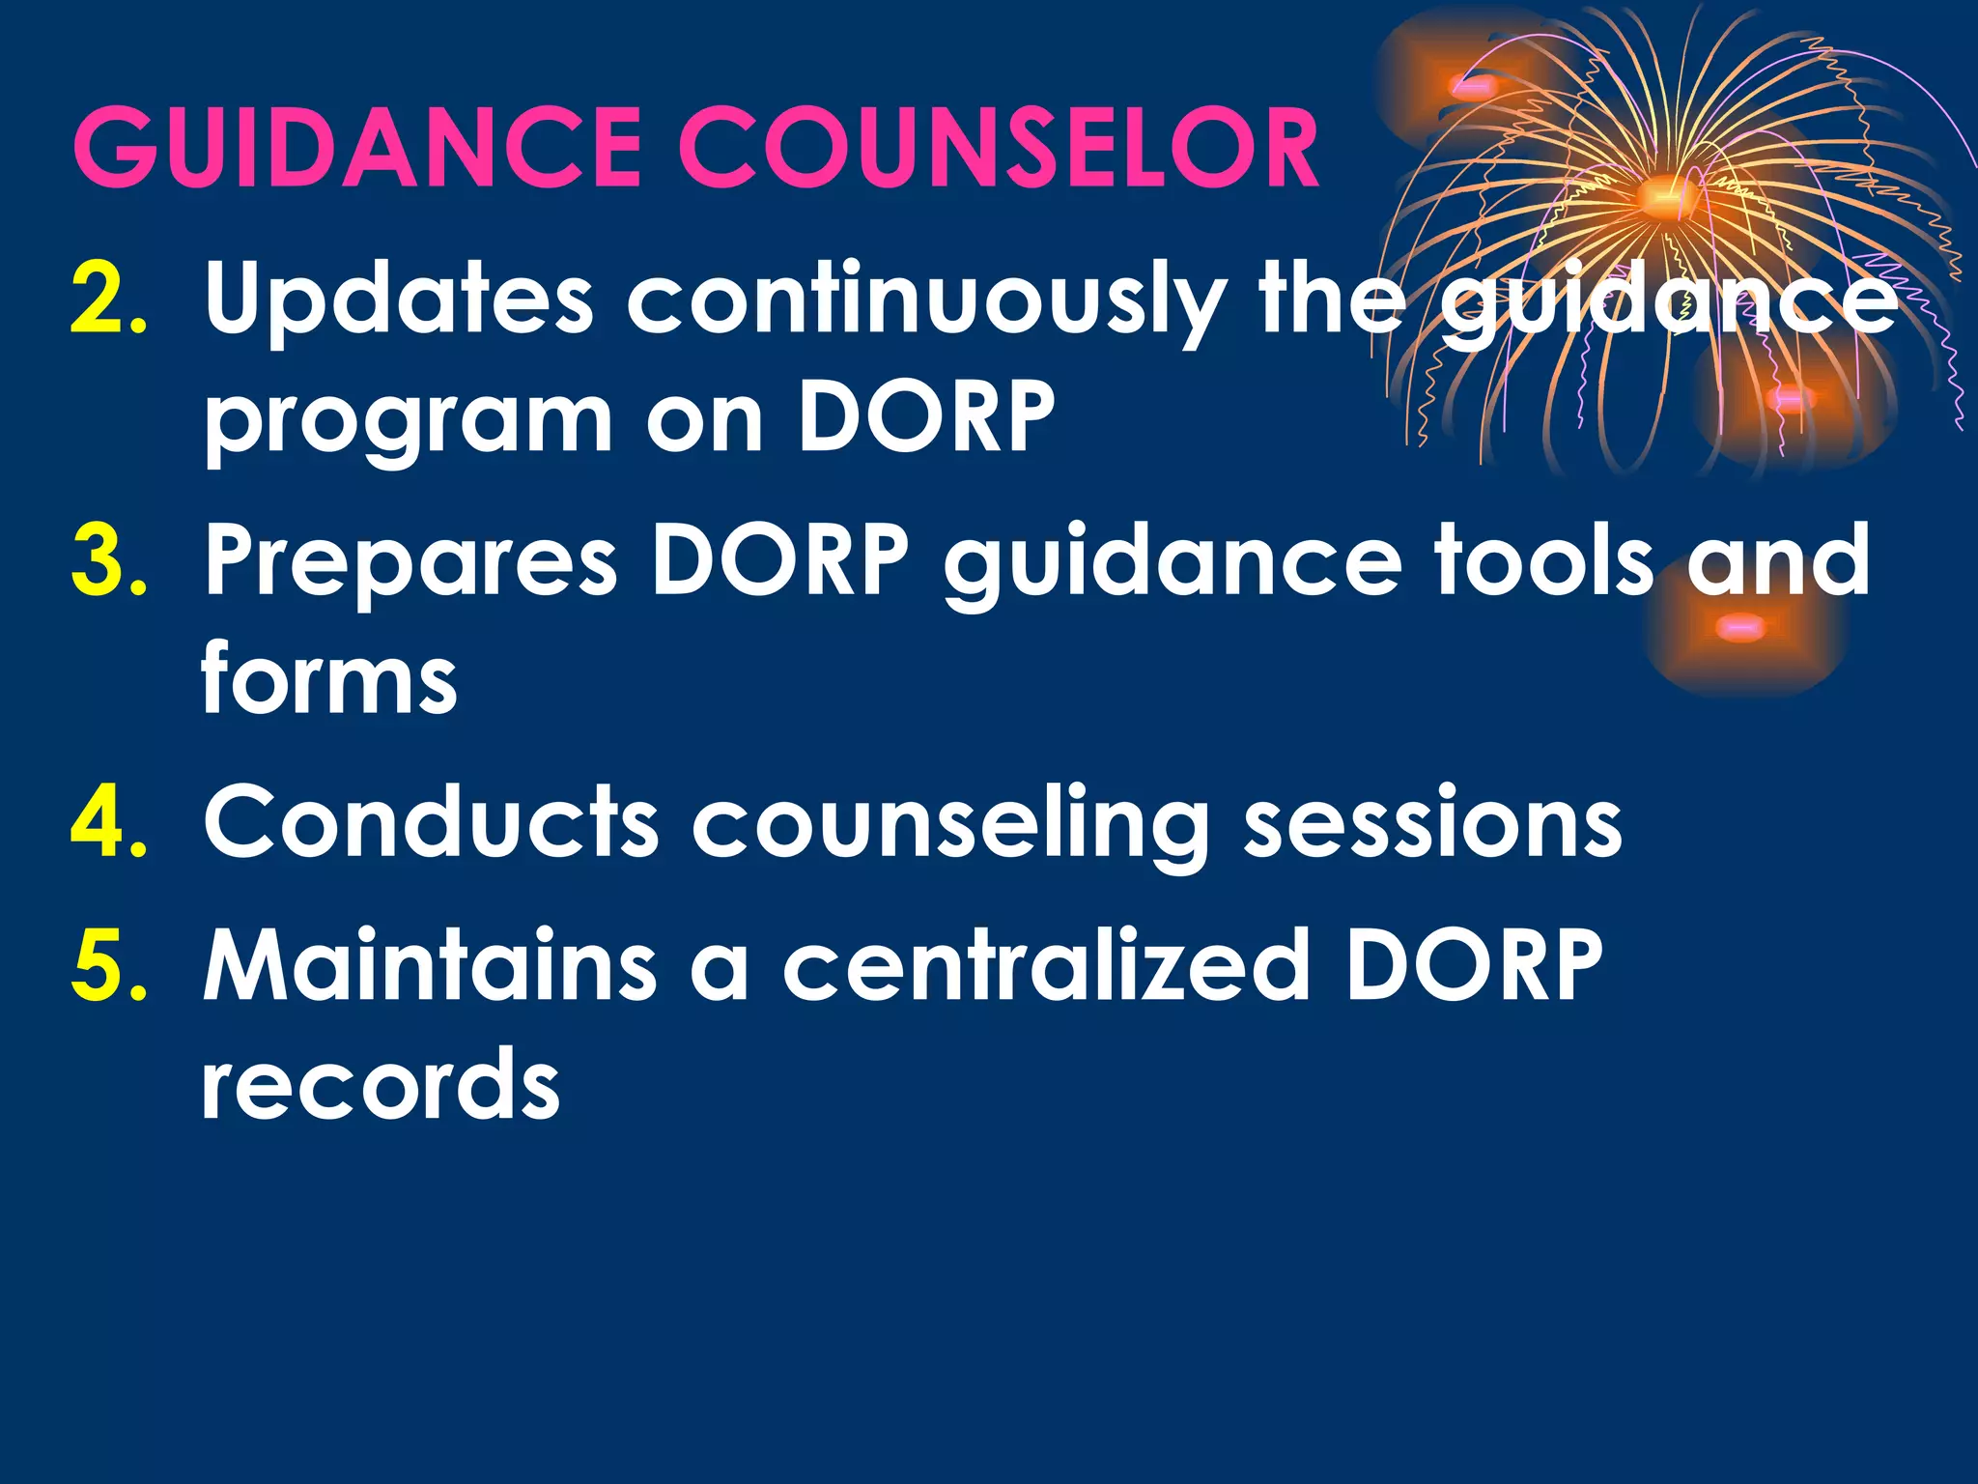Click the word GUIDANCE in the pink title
coord(357,148)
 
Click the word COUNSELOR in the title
coord(999,148)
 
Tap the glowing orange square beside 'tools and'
coord(1741,629)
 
